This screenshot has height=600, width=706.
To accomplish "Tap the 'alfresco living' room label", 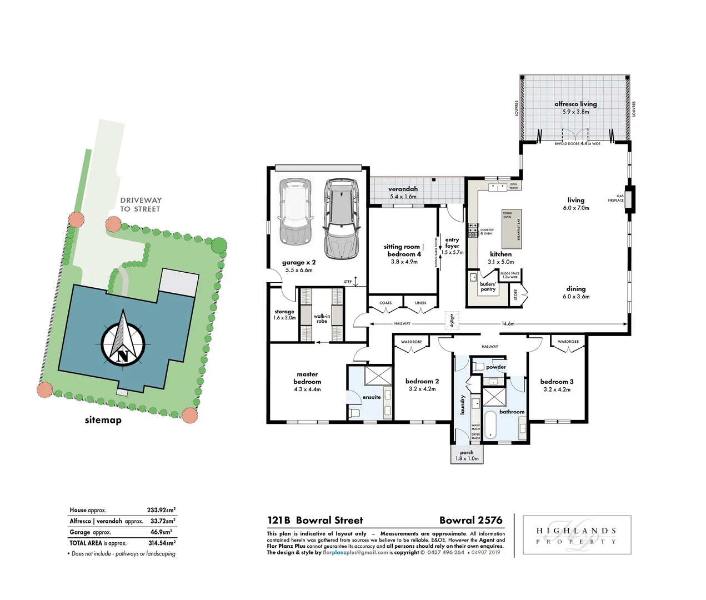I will click(x=575, y=104).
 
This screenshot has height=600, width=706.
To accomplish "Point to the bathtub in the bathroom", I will click(x=490, y=425).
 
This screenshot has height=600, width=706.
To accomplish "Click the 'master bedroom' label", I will click(x=307, y=378).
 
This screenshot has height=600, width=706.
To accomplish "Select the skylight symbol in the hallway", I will click(x=452, y=321).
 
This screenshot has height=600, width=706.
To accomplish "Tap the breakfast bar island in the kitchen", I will click(x=512, y=228).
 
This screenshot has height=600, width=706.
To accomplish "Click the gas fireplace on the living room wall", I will click(x=629, y=198).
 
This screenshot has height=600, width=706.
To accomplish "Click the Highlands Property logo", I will click(x=576, y=536).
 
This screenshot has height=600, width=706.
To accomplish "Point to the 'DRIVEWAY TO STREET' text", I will click(x=141, y=204).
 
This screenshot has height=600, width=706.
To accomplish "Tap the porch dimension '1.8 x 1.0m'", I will click(x=467, y=458).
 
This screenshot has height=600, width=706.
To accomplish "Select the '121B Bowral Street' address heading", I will click(x=315, y=521).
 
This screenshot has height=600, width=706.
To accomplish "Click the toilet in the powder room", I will click(x=479, y=367).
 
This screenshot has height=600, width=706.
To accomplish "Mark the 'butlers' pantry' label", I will click(x=488, y=287).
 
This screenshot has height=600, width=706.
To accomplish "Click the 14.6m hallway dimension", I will click(x=508, y=323).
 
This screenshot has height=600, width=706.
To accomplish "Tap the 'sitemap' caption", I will click(x=103, y=420).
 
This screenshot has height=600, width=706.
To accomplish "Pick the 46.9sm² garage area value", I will click(x=162, y=532).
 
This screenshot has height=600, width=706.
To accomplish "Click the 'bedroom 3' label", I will click(x=557, y=382).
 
